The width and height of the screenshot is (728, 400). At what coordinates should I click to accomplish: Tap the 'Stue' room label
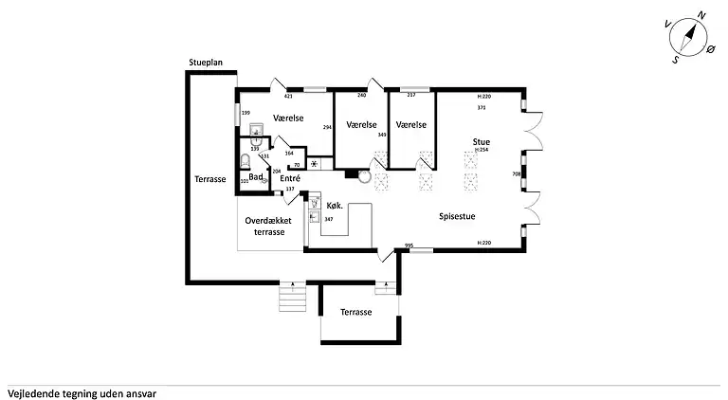click(x=482, y=142)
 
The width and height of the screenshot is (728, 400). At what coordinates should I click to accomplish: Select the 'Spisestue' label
click(x=457, y=216)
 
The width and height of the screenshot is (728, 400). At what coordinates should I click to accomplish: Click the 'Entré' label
click(x=290, y=178)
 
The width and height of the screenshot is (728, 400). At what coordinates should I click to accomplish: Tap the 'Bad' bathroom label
click(x=256, y=177)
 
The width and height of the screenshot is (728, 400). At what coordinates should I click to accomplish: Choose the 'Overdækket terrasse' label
click(x=268, y=227)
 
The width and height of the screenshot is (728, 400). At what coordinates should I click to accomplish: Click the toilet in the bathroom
click(x=245, y=160)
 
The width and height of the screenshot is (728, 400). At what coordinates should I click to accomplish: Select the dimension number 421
click(x=288, y=96)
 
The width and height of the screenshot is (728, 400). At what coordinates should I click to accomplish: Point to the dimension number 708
click(x=517, y=173)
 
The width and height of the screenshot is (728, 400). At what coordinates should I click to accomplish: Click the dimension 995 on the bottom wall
click(x=409, y=245)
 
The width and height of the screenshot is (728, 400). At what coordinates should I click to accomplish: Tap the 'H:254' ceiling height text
click(x=482, y=151)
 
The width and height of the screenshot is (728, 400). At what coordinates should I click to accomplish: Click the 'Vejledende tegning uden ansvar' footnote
click(x=82, y=391)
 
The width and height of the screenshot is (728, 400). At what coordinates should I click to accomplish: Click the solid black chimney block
click(x=352, y=173)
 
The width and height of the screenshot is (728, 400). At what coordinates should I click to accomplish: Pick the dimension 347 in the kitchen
click(x=328, y=219)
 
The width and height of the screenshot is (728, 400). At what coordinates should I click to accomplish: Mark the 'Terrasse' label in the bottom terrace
click(x=356, y=312)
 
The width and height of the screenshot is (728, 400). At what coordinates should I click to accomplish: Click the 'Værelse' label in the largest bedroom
click(x=287, y=118)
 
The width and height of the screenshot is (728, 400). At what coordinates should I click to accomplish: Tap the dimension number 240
click(x=361, y=96)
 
